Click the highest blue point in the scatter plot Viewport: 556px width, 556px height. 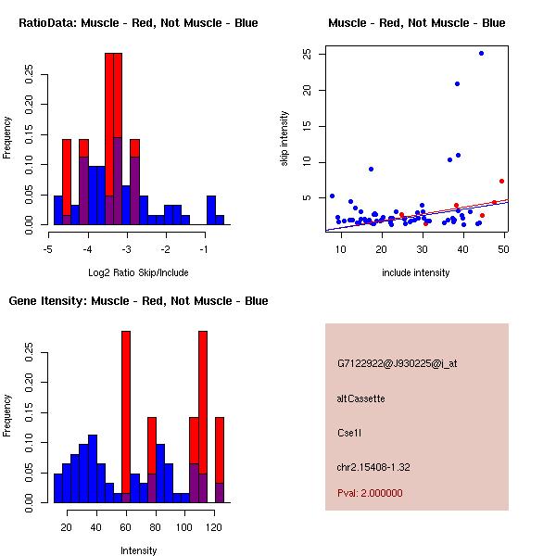481,54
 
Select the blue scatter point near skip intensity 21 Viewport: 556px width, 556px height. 457,84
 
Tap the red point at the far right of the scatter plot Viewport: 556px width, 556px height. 501,182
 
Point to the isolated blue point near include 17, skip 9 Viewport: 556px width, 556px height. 371,170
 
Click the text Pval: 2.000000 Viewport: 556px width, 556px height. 370,493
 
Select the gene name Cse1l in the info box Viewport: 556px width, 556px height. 349,433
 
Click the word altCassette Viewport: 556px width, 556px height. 360,398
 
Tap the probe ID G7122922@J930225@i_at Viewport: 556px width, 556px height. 398,364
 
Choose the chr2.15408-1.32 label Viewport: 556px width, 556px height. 373,467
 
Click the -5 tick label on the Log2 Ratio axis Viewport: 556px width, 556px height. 48,249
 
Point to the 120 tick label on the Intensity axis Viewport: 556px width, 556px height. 214,527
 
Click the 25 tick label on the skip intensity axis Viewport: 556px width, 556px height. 307,55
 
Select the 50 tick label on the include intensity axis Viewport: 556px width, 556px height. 503,249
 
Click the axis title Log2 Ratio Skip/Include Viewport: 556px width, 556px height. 138,272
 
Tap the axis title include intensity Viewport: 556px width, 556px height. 415,272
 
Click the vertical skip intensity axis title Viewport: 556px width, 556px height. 284,138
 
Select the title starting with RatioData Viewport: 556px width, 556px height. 138,23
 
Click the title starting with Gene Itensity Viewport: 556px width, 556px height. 138,301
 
